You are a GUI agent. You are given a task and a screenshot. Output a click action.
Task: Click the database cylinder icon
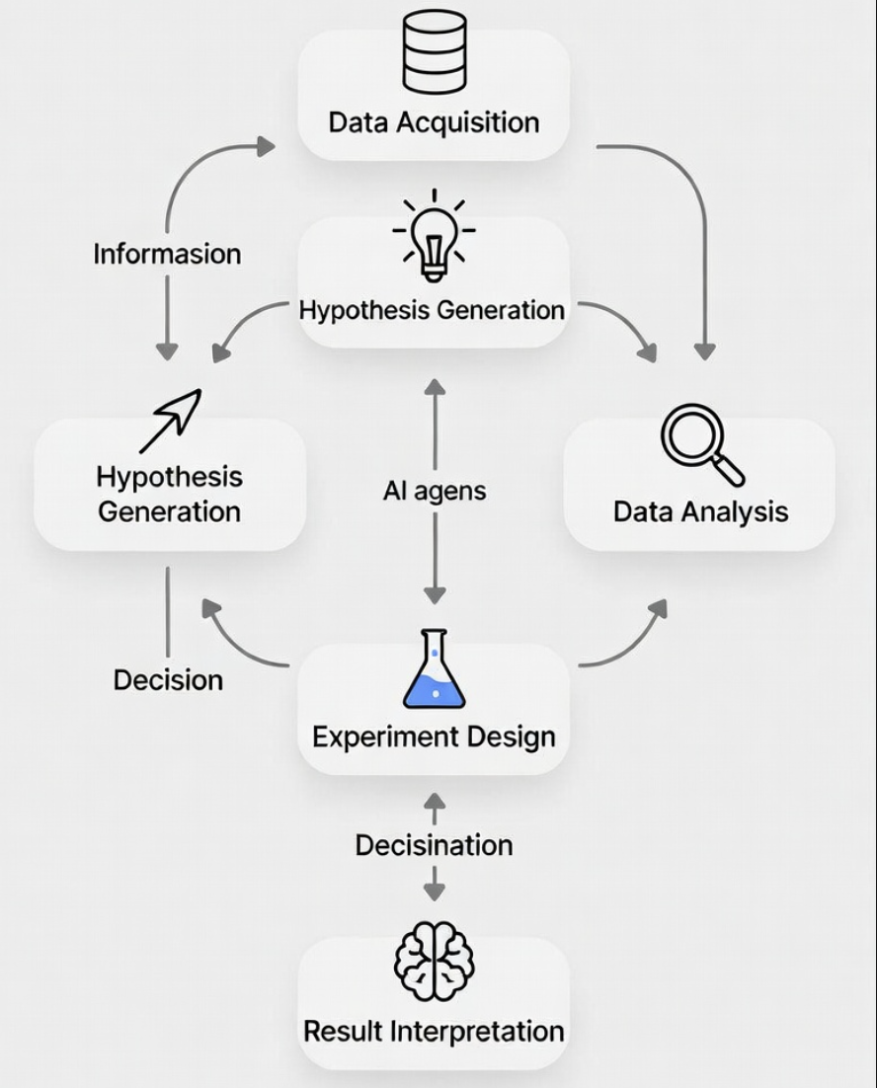(434, 52)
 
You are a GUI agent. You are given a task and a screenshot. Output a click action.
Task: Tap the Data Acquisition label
(434, 123)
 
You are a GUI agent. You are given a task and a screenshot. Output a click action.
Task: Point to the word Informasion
(167, 254)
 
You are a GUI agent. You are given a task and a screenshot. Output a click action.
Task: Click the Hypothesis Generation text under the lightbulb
(433, 310)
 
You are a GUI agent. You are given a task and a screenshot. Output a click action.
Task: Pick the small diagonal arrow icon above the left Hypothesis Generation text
(170, 420)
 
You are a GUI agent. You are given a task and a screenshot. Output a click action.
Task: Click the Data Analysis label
(700, 511)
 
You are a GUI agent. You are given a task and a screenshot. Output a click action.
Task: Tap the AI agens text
(435, 491)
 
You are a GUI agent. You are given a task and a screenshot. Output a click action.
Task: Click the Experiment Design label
(434, 737)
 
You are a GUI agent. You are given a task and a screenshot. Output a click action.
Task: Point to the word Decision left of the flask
(168, 680)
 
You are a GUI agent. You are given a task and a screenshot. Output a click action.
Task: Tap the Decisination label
(434, 845)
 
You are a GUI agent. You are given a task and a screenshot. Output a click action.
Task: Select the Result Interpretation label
(434, 1032)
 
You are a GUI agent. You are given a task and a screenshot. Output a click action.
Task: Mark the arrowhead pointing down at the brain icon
(434, 892)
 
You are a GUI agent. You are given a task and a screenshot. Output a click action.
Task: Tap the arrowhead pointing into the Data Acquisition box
(265, 147)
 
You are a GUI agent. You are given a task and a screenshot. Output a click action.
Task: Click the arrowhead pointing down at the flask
(435, 595)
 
